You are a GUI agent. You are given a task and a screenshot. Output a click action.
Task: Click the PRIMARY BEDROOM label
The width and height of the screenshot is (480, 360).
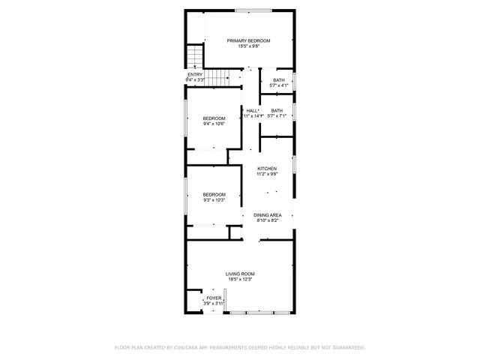pos(249,40)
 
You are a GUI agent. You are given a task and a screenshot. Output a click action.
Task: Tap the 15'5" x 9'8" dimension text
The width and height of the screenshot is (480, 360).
pos(249,46)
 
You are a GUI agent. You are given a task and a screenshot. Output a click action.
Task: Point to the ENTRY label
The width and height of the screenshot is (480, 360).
pos(195,74)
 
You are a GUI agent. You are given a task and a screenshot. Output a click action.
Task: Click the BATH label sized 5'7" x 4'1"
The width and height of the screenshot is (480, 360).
pos(278,80)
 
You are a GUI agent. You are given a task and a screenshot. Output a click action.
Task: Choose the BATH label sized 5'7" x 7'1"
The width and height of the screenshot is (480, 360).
pos(277,110)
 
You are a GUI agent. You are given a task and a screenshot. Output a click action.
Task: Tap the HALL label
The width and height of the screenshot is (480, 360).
pos(252,110)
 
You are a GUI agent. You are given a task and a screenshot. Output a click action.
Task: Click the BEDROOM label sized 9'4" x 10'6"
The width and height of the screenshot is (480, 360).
pos(214,118)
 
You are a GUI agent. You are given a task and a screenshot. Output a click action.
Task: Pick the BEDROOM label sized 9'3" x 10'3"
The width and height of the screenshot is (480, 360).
pos(214,193)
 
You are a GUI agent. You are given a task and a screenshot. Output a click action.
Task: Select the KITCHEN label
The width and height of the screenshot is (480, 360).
pos(267,169)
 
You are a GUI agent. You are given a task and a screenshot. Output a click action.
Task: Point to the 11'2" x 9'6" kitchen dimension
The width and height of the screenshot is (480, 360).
pos(267,175)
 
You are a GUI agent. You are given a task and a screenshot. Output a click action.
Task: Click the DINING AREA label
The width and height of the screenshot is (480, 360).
pos(268,215)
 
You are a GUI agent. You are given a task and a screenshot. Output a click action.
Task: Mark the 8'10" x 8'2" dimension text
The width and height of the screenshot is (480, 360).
pos(268,221)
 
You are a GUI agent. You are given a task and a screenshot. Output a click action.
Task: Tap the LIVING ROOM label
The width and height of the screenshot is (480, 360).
pos(240,274)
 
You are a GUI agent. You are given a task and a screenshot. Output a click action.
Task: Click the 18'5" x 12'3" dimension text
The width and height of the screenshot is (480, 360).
pos(240,280)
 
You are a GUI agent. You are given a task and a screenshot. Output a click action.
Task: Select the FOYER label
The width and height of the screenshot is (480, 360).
pos(214,298)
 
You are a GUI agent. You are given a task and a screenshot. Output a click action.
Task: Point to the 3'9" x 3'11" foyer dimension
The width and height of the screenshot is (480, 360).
pos(214,304)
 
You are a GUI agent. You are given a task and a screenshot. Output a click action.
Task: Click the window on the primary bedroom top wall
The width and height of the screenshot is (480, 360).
pos(253,10)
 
